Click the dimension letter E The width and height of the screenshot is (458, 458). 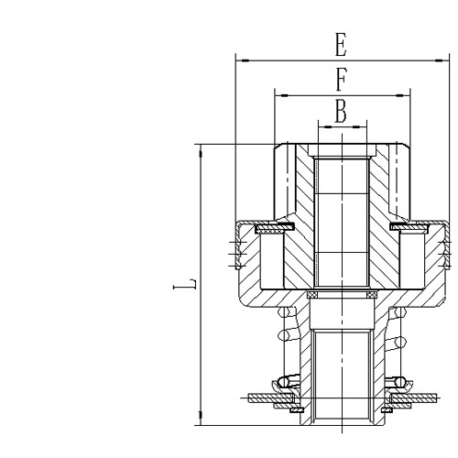point(341,45)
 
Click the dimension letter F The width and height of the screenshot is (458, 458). point(341,79)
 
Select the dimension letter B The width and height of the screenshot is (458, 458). point(341,111)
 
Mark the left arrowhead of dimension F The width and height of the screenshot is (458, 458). point(279,93)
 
